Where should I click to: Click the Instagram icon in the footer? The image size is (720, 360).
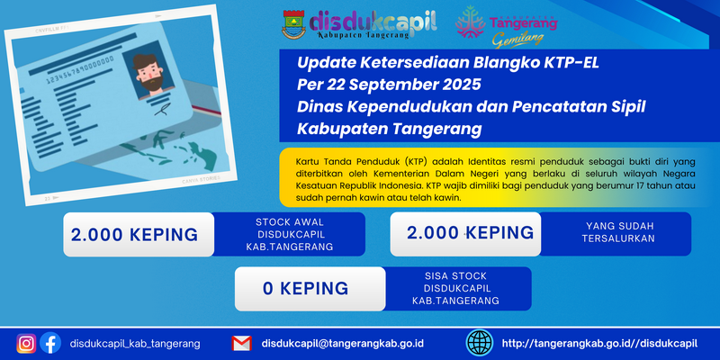click(27, 344)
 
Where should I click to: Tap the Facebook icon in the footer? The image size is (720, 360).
click(50, 343)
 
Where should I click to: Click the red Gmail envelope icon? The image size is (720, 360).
click(241, 344)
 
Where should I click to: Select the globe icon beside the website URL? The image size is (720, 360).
click(480, 343)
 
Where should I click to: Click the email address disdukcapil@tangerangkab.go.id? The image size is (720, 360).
click(343, 344)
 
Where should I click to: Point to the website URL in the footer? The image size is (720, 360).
click(599, 344)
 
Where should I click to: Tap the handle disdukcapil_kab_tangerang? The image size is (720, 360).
click(135, 344)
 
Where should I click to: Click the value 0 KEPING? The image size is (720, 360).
click(305, 288)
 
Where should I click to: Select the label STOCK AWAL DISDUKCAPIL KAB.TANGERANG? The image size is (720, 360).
click(289, 234)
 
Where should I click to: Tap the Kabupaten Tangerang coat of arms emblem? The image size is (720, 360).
click(293, 24)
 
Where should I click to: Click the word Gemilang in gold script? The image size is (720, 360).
click(518, 40)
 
